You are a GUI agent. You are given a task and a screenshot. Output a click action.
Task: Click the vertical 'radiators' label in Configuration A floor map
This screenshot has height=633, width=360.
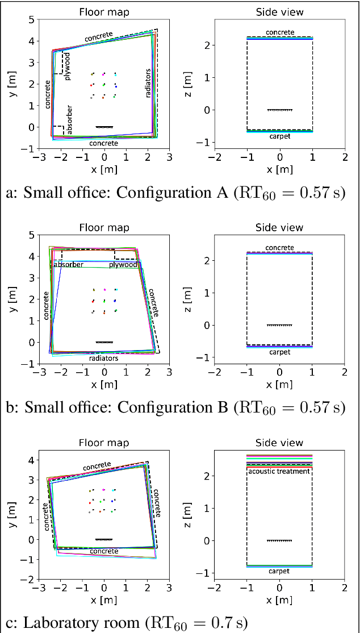149,84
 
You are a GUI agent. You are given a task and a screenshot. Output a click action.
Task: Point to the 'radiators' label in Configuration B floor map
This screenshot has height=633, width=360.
104,358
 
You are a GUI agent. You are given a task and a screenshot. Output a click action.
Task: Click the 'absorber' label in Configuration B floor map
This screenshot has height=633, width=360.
68,265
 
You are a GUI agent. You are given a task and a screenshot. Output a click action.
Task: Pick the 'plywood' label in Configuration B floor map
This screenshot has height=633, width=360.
123,265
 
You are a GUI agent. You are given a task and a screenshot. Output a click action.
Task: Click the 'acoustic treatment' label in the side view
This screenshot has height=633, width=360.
279,471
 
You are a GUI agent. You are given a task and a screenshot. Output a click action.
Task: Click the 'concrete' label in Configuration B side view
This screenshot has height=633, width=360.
279,248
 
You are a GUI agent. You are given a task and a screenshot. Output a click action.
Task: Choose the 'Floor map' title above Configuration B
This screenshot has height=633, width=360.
104,228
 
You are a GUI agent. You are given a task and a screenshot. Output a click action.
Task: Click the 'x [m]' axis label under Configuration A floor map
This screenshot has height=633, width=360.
104,169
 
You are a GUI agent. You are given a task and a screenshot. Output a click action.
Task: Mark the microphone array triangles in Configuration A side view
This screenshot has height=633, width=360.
279,110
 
